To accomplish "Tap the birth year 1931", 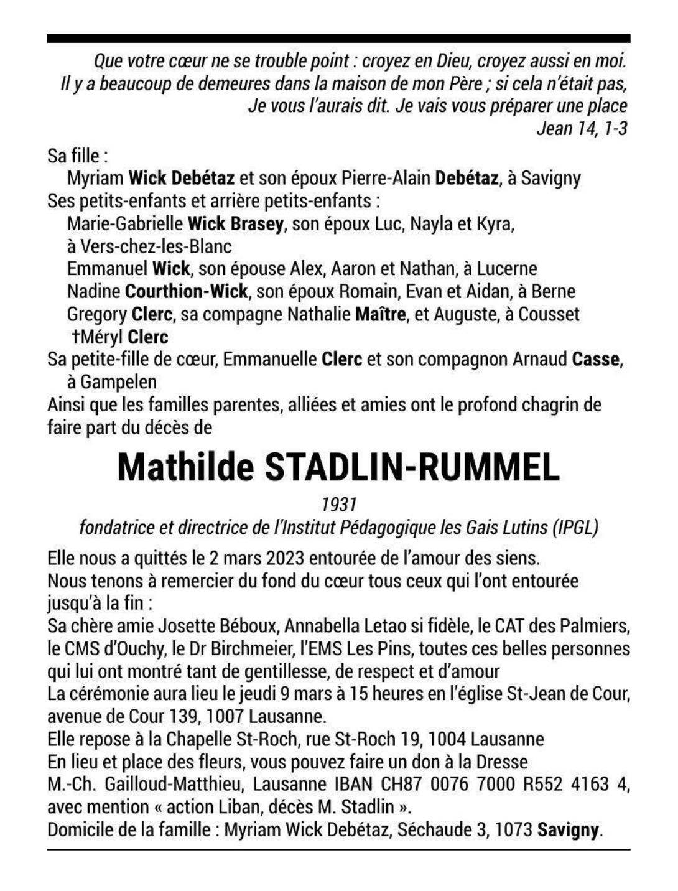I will tap(338, 504).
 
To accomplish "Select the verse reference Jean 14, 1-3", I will tap(582, 129).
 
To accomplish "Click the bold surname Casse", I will tap(596, 359).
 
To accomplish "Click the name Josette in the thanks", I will tap(187, 625).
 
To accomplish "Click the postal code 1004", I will tap(447, 739).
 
